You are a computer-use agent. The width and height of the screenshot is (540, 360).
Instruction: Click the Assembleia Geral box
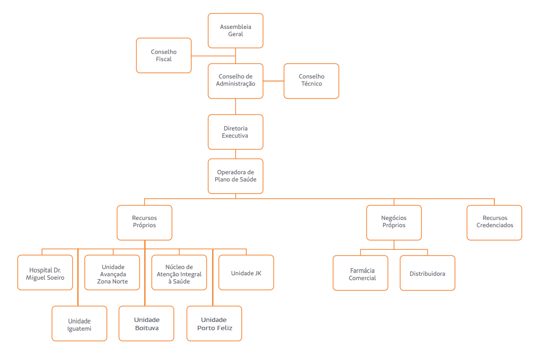pyautogui.click(x=236, y=31)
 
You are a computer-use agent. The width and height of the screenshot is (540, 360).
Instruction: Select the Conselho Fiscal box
pyautogui.click(x=164, y=55)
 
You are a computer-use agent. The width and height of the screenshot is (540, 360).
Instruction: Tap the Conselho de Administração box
pyautogui.click(x=236, y=81)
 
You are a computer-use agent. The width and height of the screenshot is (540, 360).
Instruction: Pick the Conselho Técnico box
pyautogui.click(x=311, y=81)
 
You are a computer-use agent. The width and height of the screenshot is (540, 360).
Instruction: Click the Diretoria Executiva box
pyautogui.click(x=236, y=132)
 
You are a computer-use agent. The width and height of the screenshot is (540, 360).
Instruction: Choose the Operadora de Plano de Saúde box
pyautogui.click(x=236, y=176)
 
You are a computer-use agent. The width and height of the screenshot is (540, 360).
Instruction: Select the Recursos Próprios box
pyautogui.click(x=145, y=223)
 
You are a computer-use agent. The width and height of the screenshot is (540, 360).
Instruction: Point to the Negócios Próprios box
pyautogui.click(x=394, y=223)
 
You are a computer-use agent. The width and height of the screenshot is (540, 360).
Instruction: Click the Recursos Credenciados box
pyautogui.click(x=495, y=223)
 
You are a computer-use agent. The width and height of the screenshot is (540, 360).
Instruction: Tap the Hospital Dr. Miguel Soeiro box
pyautogui.click(x=45, y=272)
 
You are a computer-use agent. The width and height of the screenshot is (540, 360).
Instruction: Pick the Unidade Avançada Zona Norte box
pyautogui.click(x=112, y=272)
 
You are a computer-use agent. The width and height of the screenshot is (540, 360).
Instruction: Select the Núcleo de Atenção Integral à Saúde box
pyautogui.click(x=179, y=272)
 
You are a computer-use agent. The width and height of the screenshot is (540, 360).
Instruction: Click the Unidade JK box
pyautogui.click(x=246, y=272)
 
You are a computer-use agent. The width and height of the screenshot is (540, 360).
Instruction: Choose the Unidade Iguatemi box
pyautogui.click(x=79, y=323)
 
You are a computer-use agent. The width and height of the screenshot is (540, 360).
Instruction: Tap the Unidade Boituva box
pyautogui.click(x=146, y=323)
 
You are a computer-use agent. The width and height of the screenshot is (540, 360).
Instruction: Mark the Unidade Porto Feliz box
pyautogui.click(x=214, y=323)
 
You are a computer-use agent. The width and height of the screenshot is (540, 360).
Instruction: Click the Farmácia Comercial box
pyautogui.click(x=361, y=273)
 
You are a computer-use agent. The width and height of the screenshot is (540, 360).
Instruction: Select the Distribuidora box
pyautogui.click(x=427, y=273)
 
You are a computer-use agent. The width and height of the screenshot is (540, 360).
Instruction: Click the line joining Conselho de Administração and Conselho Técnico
pyautogui.click(x=274, y=81)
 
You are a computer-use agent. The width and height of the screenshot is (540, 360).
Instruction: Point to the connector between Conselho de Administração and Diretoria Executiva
pyautogui.click(x=236, y=107)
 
